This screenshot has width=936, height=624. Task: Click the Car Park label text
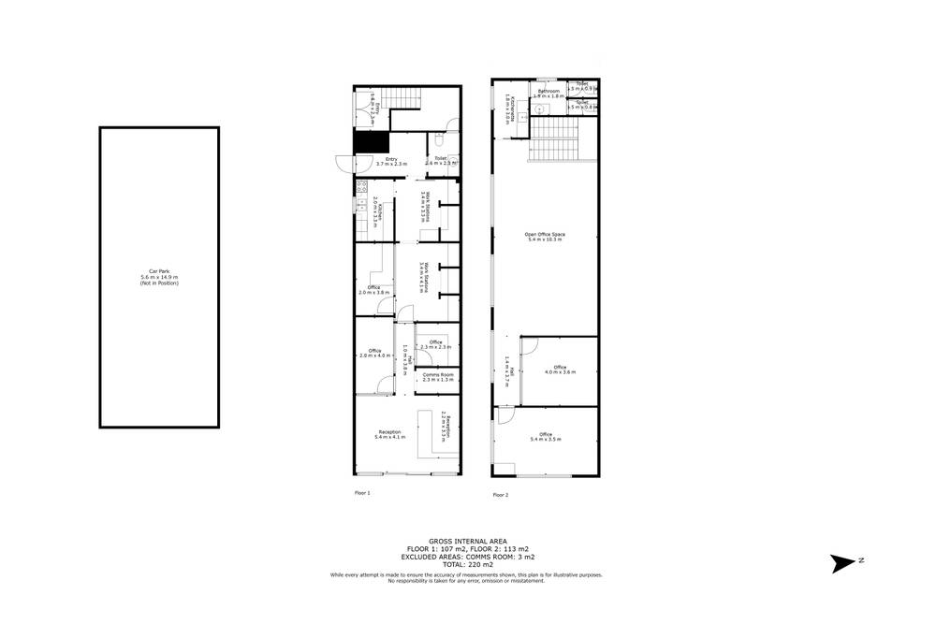tap(159, 278)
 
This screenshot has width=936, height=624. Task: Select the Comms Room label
tap(437, 377)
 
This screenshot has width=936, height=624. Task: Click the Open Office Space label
tap(546, 237)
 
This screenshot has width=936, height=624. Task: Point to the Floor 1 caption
tap(362, 492)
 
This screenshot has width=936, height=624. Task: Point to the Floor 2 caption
tap(500, 495)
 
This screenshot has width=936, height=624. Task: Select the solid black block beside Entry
tap(370, 142)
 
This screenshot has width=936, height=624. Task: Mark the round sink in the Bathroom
tap(539, 109)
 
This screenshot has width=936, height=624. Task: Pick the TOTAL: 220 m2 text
tap(467, 566)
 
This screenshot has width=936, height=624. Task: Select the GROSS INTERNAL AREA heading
tap(467, 541)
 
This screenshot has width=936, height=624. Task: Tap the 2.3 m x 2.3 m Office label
tap(435, 344)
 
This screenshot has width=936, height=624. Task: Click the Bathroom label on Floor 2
tap(548, 93)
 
